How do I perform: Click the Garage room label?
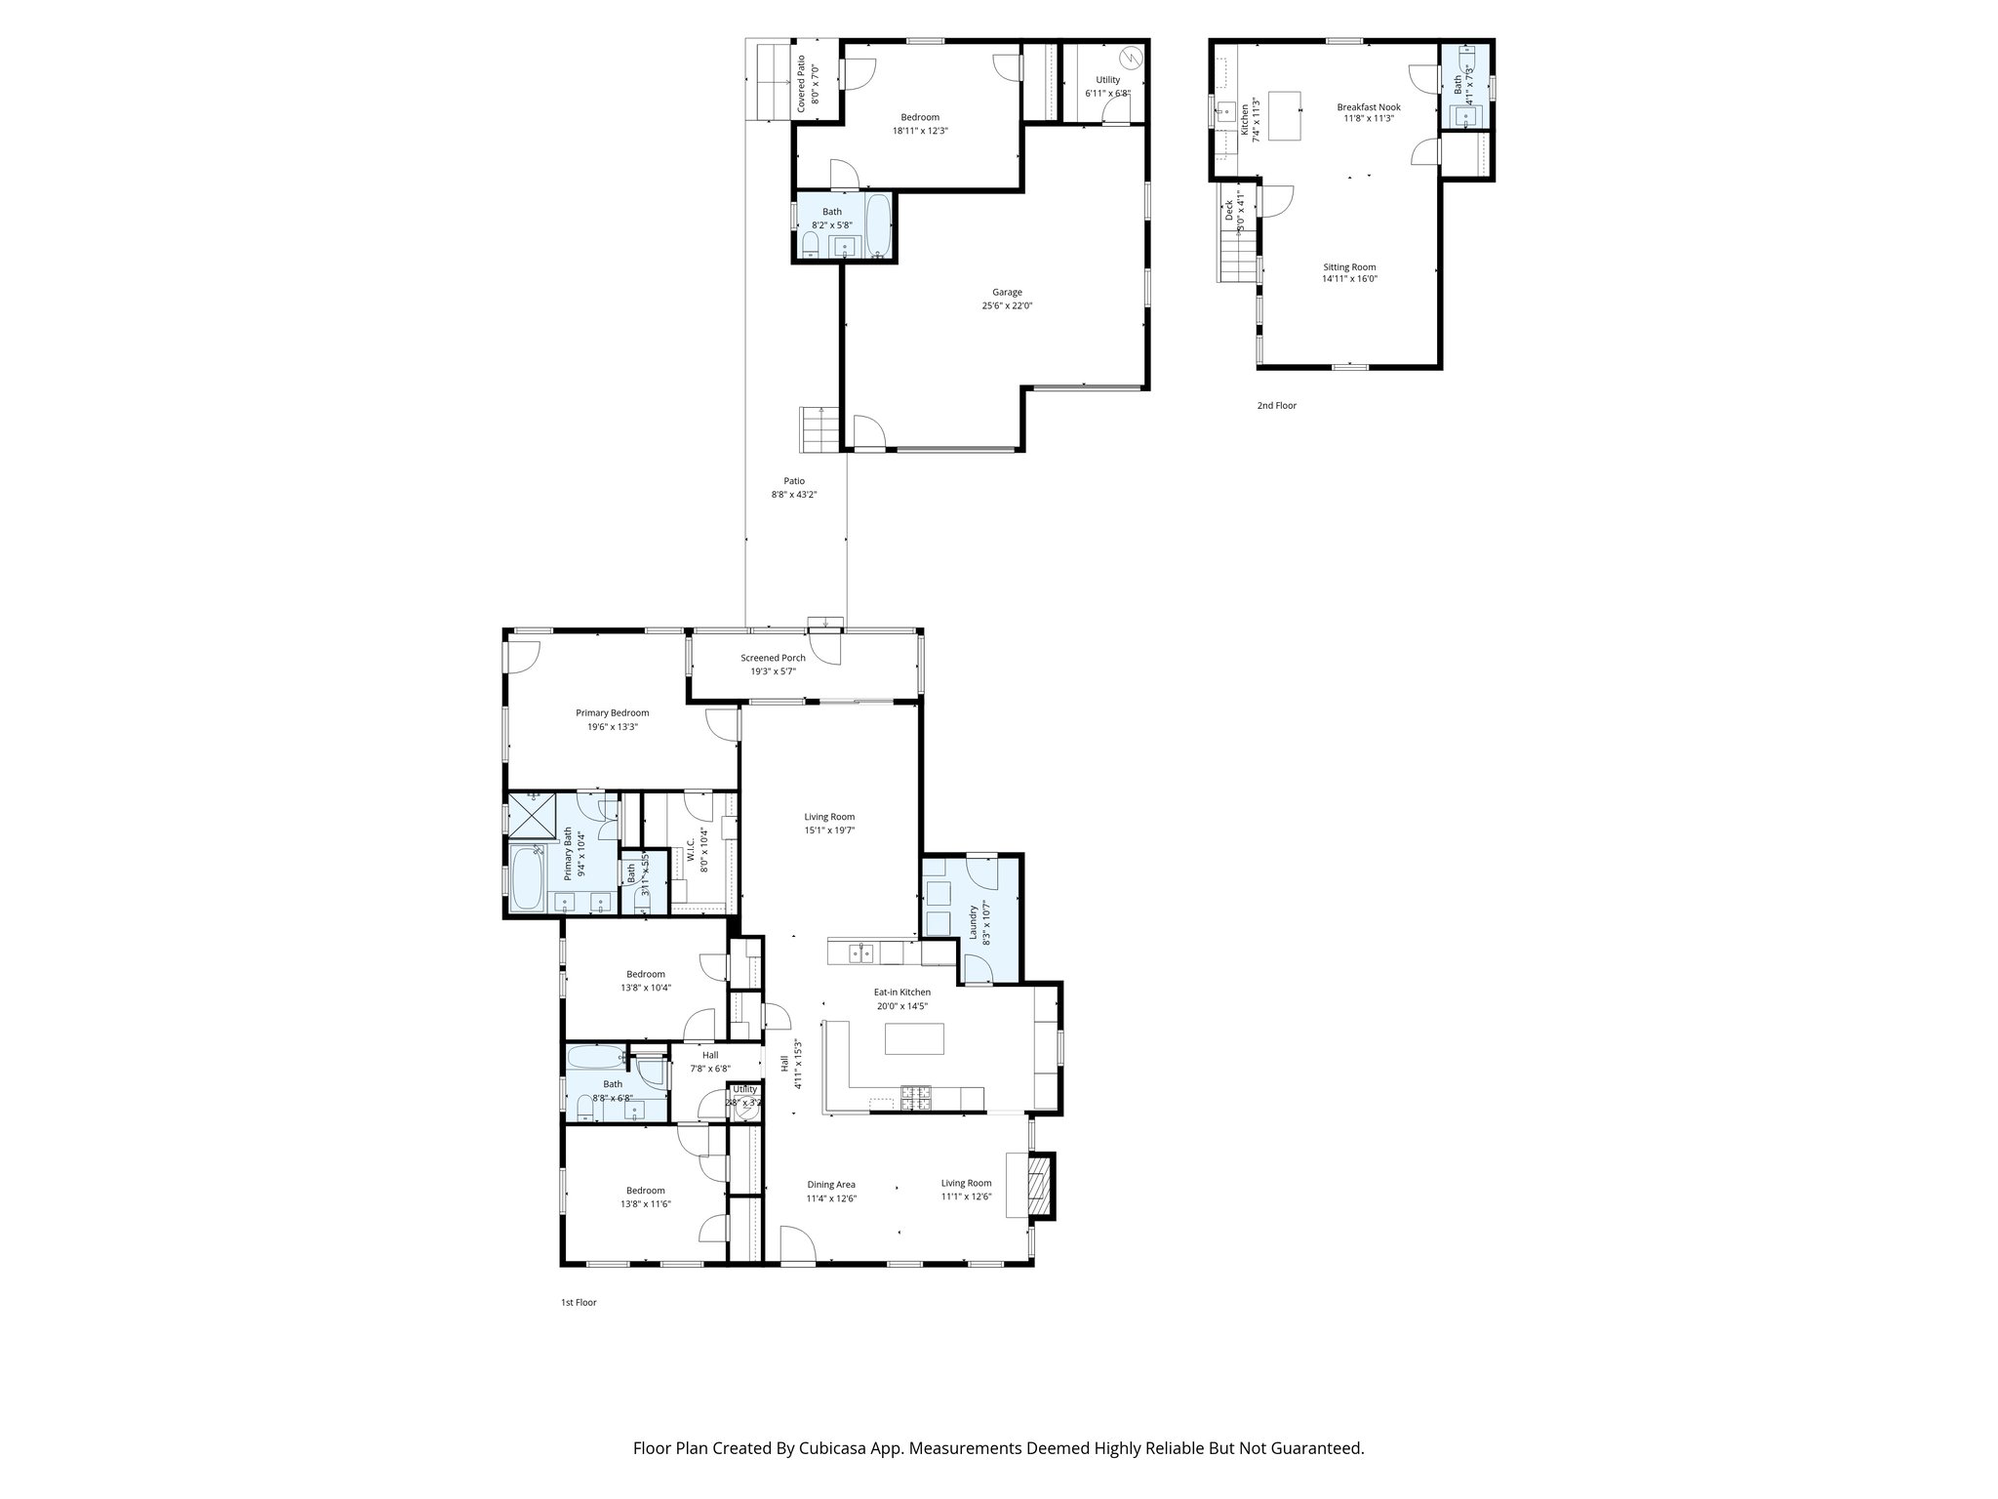[x=1007, y=292]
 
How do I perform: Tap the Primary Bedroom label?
[x=612, y=712]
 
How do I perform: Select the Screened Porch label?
[x=773, y=658]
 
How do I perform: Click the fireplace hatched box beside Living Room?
[x=1042, y=1185]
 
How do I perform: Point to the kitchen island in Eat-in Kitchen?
[x=914, y=1037]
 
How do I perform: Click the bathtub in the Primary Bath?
[x=527, y=878]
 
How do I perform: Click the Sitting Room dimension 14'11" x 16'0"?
[x=1349, y=279]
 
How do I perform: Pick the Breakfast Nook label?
[x=1368, y=107]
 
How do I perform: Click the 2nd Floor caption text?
[x=1276, y=405]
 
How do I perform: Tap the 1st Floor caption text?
[x=578, y=1302]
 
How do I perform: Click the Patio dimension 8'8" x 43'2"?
[x=793, y=495]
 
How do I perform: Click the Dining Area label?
[x=831, y=1185]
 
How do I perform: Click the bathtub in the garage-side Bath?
[x=878, y=225]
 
